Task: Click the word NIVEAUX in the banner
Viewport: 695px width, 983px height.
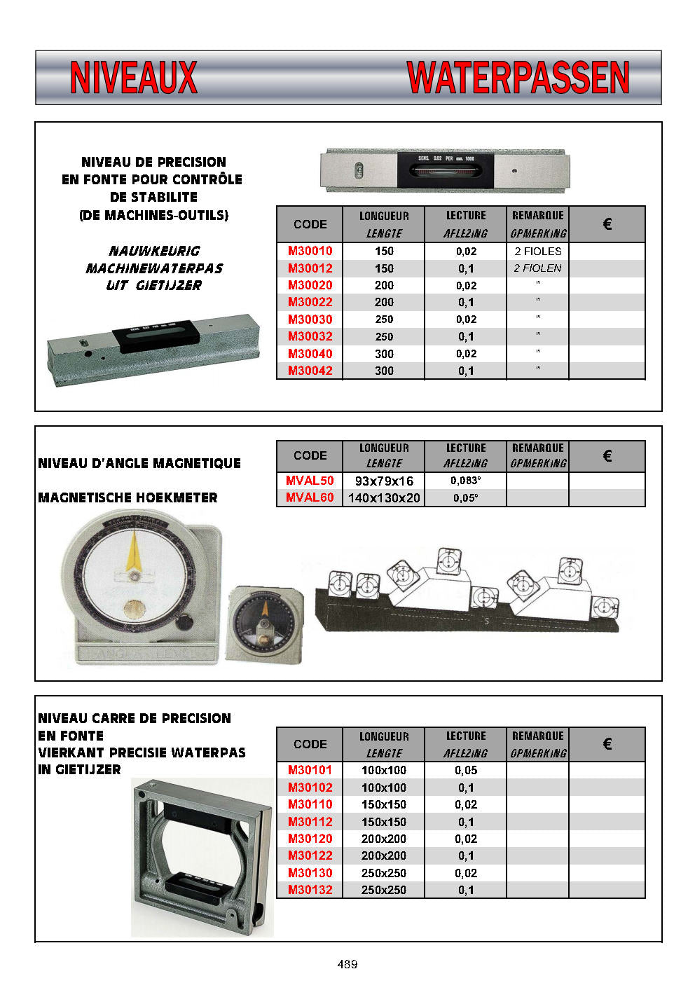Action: pyautogui.click(x=133, y=78)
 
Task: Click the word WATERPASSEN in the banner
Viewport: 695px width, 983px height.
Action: pyautogui.click(x=518, y=78)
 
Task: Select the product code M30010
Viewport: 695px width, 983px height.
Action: pyautogui.click(x=310, y=251)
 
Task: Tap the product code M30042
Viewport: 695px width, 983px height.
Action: pyautogui.click(x=310, y=371)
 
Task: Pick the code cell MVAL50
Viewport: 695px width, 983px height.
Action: pyautogui.click(x=310, y=481)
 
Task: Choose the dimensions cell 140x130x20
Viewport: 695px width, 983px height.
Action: pyautogui.click(x=384, y=498)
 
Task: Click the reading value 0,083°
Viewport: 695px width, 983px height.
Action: pyautogui.click(x=466, y=481)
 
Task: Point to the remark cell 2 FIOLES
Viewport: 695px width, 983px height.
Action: pyautogui.click(x=537, y=251)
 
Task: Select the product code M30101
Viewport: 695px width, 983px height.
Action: pyautogui.click(x=310, y=770)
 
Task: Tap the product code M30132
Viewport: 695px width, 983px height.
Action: pyautogui.click(x=310, y=890)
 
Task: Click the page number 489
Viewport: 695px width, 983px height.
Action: pyautogui.click(x=347, y=964)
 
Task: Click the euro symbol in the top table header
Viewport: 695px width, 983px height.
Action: pyautogui.click(x=607, y=224)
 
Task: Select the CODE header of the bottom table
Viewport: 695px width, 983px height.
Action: pyautogui.click(x=310, y=744)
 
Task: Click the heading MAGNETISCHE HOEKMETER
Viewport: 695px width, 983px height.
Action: pyautogui.click(x=128, y=498)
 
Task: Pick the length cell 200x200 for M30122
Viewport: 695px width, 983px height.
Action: pyautogui.click(x=384, y=855)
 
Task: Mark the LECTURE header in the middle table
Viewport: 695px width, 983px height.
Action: pyautogui.click(x=466, y=448)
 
